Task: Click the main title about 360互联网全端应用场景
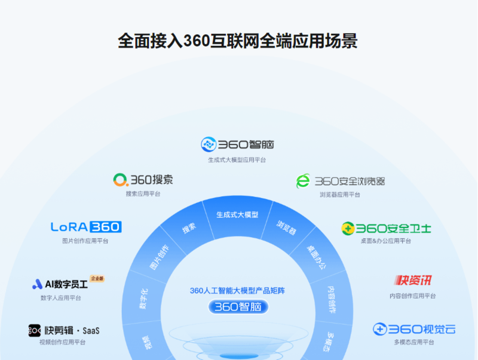(x=238, y=41)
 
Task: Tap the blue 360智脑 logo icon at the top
(x=208, y=144)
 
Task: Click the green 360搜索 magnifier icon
(x=121, y=179)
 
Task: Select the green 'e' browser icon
(x=304, y=181)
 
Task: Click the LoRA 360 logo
(x=86, y=227)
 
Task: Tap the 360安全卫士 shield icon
(x=348, y=228)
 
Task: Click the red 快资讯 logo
(x=413, y=281)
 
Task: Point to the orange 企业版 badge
(x=97, y=278)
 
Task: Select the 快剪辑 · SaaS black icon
(x=35, y=330)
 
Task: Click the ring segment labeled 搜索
(x=189, y=229)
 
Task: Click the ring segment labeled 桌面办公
(x=317, y=256)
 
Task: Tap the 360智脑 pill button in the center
(x=238, y=307)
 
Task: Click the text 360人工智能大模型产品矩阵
(x=237, y=291)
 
